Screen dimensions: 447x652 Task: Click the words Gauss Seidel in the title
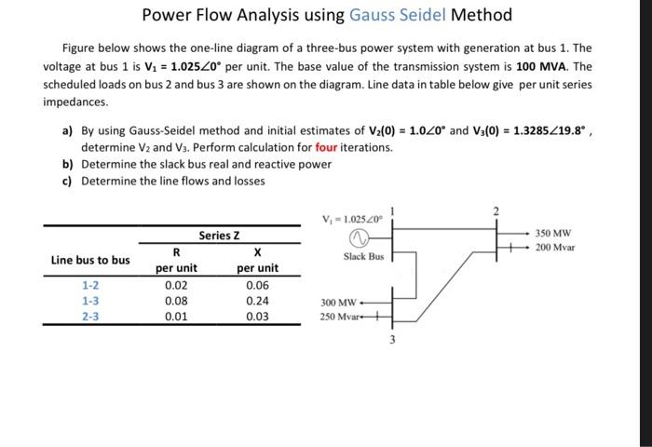point(398,15)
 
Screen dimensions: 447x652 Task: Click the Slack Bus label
point(363,255)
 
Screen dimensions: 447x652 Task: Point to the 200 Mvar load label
point(555,248)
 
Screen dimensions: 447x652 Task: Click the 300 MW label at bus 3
point(338,303)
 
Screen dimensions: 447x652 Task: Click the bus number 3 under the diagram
point(392,340)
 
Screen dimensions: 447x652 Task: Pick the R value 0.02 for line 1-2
point(175,285)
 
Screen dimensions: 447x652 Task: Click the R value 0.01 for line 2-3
point(175,317)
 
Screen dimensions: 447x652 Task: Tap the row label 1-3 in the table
point(90,301)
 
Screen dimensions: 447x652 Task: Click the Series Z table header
point(219,235)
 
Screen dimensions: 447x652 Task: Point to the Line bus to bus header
point(90,260)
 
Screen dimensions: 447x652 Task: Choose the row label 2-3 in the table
point(90,317)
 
